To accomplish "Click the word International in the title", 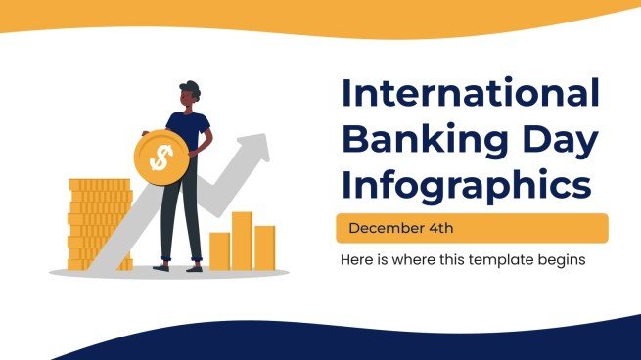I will pyautogui.click(x=469, y=95).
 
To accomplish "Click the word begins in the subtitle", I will pyautogui.click(x=561, y=260).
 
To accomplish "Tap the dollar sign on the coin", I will pyautogui.click(x=158, y=156).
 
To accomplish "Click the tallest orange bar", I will pyautogui.click(x=242, y=241).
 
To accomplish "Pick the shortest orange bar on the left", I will pyautogui.click(x=219, y=250).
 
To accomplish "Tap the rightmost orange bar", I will pyautogui.click(x=264, y=247).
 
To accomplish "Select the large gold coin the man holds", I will pyautogui.click(x=158, y=156).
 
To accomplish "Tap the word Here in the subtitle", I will pyautogui.click(x=355, y=260).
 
